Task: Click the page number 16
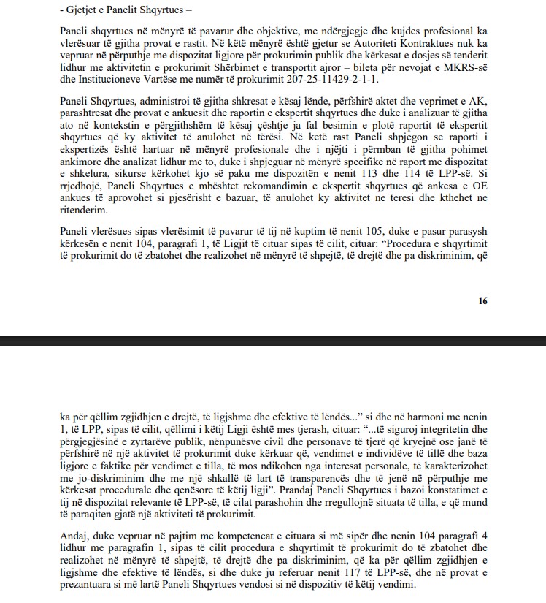pyautogui.click(x=482, y=300)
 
